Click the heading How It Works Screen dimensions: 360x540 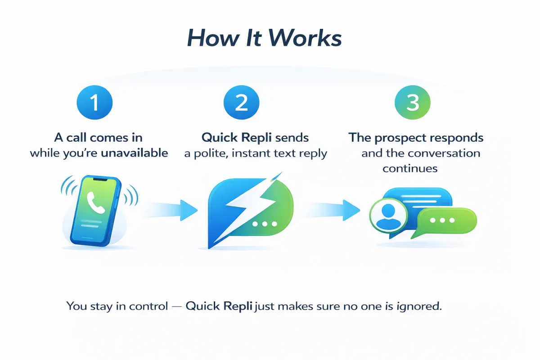pos(264,39)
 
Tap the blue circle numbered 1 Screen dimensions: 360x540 pos(94,103)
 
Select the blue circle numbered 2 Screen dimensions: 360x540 pos(242,103)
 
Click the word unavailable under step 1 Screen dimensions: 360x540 pos(135,153)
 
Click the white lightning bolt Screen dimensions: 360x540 pos(245,205)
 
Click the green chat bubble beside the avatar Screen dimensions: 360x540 pos(445,221)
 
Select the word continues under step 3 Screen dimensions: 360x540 pos(410,169)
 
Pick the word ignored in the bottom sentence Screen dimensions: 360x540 pos(422,307)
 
